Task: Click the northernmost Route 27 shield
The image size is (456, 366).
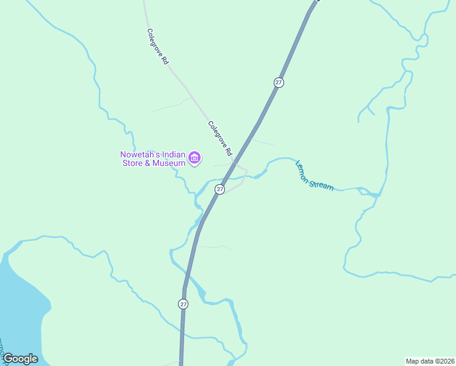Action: [x=279, y=82]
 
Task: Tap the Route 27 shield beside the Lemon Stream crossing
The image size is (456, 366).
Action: [x=220, y=189]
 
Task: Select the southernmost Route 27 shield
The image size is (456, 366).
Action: [x=183, y=304]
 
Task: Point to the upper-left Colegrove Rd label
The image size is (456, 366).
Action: [x=157, y=47]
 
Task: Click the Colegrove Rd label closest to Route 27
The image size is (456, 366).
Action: [x=220, y=138]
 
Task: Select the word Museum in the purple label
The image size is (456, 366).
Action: [x=169, y=163]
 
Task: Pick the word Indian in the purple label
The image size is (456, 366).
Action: [x=174, y=155]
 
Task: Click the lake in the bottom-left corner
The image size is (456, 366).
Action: [x=21, y=305]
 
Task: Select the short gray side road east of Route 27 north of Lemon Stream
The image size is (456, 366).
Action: [x=264, y=143]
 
